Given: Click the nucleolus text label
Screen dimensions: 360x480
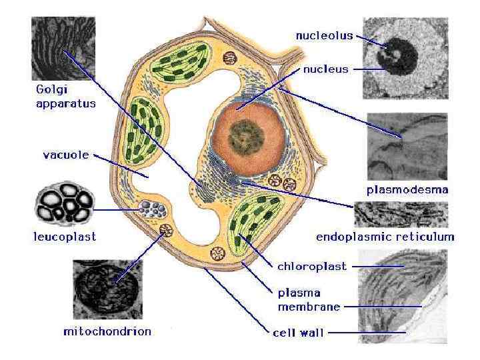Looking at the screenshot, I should pos(324,36).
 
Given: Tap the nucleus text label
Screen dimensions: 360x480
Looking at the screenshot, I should pos(325,69).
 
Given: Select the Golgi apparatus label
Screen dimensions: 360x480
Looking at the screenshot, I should pos(65,95).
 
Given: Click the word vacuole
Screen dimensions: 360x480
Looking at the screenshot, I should pos(65,155).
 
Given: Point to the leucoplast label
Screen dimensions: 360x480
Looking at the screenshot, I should pos(65,236).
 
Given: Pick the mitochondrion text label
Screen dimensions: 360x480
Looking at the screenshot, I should pos(107,331).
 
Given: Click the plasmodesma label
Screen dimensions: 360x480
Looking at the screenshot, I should pos(407,189).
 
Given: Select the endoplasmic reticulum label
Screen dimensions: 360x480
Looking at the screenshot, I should pos(385,236).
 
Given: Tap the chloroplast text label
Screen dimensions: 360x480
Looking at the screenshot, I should pos(311,266).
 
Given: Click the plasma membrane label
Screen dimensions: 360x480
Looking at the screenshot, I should pos(308,299).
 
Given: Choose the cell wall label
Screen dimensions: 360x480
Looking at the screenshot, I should pos(298,331).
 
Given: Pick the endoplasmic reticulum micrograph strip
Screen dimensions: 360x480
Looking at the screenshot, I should pos(401,215).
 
